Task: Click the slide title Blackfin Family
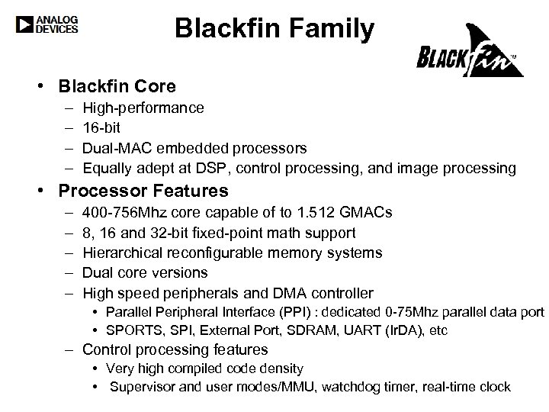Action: pyautogui.click(x=274, y=29)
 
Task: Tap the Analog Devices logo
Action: pyautogui.click(x=47, y=24)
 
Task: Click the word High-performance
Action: pyautogui.click(x=143, y=108)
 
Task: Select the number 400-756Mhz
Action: pyautogui.click(x=122, y=212)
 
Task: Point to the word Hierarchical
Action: pyautogui.click(x=122, y=253)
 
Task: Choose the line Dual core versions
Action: pyautogui.click(x=145, y=272)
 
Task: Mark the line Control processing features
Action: pyautogui.click(x=175, y=350)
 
